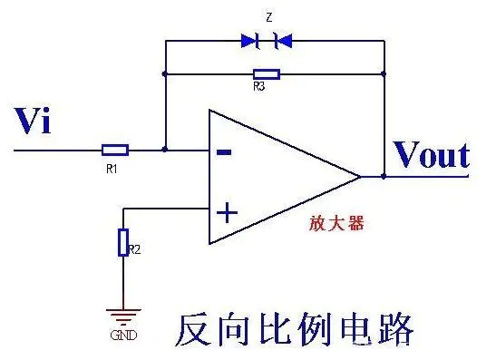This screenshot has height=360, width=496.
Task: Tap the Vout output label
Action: [431, 155]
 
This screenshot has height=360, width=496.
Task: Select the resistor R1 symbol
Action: [115, 150]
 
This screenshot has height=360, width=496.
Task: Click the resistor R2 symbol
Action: [123, 243]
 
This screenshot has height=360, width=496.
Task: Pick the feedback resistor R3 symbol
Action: [267, 73]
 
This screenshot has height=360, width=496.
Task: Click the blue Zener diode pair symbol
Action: [266, 40]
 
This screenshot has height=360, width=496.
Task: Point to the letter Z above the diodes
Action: [267, 17]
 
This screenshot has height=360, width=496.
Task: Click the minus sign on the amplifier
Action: [225, 151]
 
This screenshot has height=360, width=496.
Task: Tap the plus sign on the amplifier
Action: [226, 213]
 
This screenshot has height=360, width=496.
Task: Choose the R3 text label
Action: [260, 88]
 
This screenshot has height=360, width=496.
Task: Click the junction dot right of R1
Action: [164, 150]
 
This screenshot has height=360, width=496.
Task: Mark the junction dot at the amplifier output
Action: [384, 176]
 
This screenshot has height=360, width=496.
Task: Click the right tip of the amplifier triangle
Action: [361, 176]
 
